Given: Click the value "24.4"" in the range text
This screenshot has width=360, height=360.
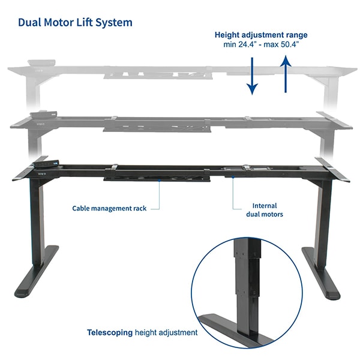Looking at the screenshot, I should pos(244,44).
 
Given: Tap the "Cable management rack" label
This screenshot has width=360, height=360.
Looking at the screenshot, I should pos(109,208).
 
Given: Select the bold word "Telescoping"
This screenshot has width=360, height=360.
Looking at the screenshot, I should pos(110,332).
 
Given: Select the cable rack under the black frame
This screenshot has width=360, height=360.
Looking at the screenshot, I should pos(157,176).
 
